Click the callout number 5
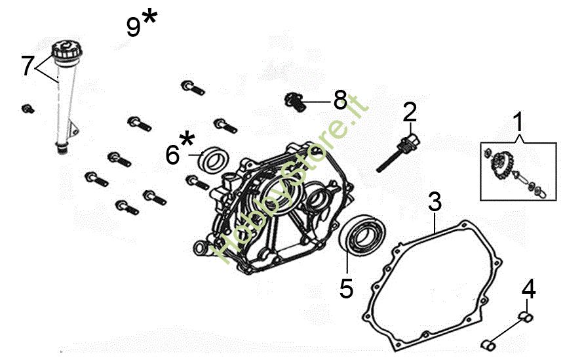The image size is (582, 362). pyautogui.click(x=347, y=288)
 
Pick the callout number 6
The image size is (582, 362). pyautogui.click(x=172, y=155)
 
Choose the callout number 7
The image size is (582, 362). pyautogui.click(x=28, y=66)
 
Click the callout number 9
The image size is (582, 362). pyautogui.click(x=134, y=27)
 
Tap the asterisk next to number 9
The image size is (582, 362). pyautogui.click(x=149, y=17)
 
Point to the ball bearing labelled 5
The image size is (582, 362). pyautogui.click(x=363, y=235)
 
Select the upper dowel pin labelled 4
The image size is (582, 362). pyautogui.click(x=526, y=317)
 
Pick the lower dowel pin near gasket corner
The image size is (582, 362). pyautogui.click(x=488, y=346)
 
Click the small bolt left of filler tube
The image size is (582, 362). pyautogui.click(x=28, y=109)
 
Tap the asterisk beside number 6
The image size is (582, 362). pyautogui.click(x=187, y=139)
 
